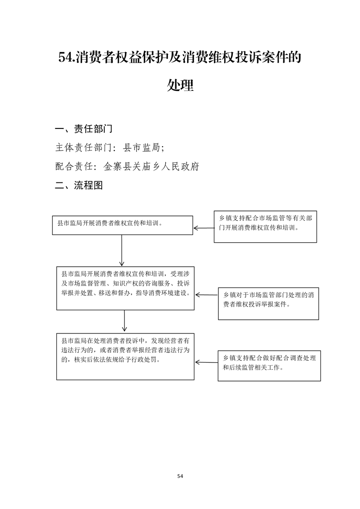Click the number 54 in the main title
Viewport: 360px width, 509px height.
[x=66, y=58]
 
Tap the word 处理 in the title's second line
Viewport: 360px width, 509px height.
[x=180, y=85]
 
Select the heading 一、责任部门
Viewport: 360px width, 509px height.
[x=84, y=129]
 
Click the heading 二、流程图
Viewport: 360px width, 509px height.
[x=79, y=186]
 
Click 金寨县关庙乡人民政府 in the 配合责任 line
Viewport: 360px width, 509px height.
[x=151, y=166]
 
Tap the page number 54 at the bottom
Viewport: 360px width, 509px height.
[x=180, y=476]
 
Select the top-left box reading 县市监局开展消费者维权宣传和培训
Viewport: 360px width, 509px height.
[x=123, y=225]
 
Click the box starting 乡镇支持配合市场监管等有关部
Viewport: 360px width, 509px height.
[x=265, y=226]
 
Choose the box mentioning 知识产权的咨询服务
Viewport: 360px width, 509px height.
[x=125, y=288]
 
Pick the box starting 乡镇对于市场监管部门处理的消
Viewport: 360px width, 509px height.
[x=268, y=303]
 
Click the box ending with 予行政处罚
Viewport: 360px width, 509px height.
[x=125, y=357]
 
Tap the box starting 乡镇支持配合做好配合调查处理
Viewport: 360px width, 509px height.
[x=269, y=366]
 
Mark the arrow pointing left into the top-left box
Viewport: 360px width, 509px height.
[x=204, y=228]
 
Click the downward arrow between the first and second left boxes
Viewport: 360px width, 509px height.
[x=122, y=250]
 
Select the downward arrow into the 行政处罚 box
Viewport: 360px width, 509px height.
[x=124, y=321]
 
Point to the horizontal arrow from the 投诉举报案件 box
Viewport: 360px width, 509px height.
[x=207, y=295]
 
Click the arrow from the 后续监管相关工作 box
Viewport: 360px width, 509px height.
[x=207, y=362]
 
